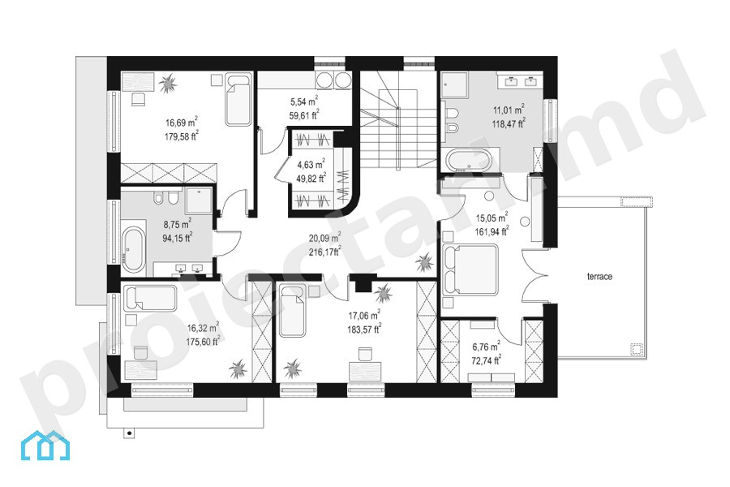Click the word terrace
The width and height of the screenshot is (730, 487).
pyautogui.click(x=599, y=276)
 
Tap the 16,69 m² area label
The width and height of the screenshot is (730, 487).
pyautogui.click(x=182, y=123)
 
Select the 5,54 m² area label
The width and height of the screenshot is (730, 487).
pyautogui.click(x=304, y=101)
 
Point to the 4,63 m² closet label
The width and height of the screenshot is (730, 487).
pyautogui.click(x=311, y=165)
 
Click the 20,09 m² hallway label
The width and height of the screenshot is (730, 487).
pyautogui.click(x=324, y=238)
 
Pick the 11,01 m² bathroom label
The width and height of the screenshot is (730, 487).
pyautogui.click(x=509, y=110)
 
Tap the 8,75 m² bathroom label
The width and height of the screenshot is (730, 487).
pyautogui.click(x=178, y=224)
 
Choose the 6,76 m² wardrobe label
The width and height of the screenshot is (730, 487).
pyautogui.click(x=486, y=347)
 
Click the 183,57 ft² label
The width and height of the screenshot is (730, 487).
pyautogui.click(x=364, y=330)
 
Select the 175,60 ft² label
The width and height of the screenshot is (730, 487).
pyautogui.click(x=203, y=342)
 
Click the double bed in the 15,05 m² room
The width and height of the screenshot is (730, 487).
pyautogui.click(x=470, y=269)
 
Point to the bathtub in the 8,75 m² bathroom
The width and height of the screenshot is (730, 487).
pyautogui.click(x=134, y=249)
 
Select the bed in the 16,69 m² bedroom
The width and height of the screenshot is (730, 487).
pyautogui.click(x=238, y=99)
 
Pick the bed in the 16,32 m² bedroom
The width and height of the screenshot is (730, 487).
pyautogui.click(x=150, y=298)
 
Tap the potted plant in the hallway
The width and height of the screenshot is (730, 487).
pyautogui.click(x=424, y=263)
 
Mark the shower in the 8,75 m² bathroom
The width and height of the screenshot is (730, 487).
pyautogui.click(x=199, y=200)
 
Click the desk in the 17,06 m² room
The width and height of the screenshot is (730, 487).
pyautogui.click(x=366, y=373)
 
